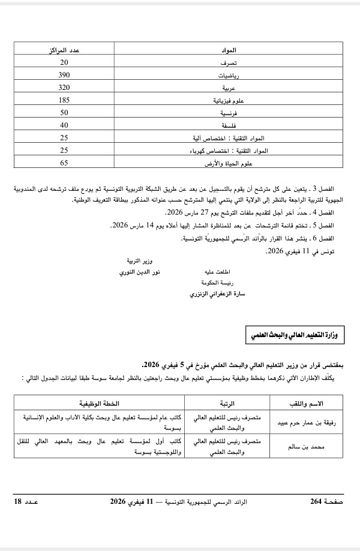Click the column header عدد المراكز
[x=64, y=49]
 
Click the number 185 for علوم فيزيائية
[x=64, y=99]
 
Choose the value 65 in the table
[x=64, y=162]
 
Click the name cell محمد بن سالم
[x=298, y=446]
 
